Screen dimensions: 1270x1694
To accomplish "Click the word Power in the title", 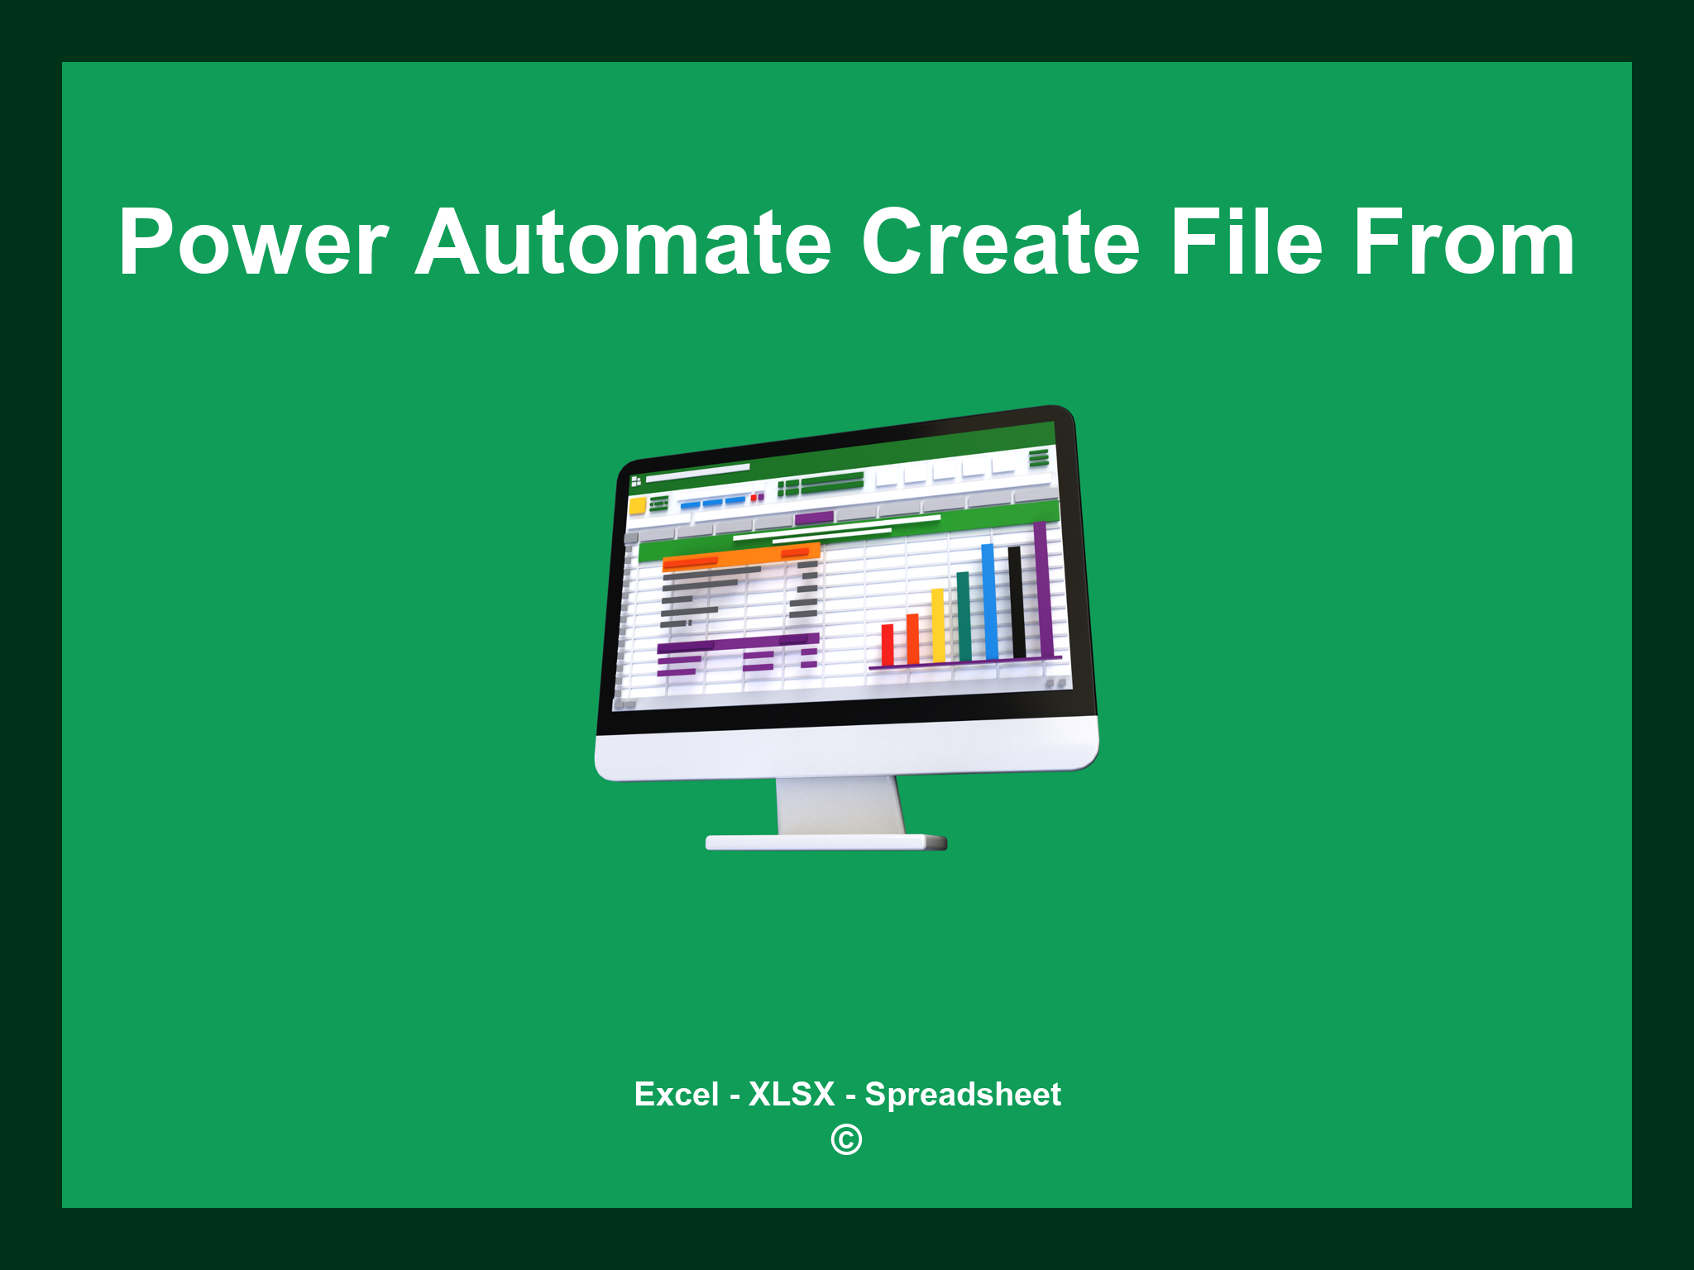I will (x=253, y=243).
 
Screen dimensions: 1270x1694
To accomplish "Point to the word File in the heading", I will (x=1247, y=243).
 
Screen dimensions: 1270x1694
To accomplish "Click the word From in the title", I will (x=1464, y=243).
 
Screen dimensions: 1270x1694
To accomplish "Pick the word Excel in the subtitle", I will (x=676, y=1095).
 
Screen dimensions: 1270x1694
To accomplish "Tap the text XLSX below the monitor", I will (x=792, y=1095).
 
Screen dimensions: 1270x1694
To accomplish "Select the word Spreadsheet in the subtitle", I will (x=963, y=1095).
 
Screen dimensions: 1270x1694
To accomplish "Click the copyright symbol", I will (x=846, y=1140).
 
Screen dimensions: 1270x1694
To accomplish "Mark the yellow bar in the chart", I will (x=938, y=625).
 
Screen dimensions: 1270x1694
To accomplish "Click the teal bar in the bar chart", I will (x=964, y=616).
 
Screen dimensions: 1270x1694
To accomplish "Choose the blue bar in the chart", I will (x=988, y=601).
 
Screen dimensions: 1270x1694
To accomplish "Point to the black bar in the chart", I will (x=1017, y=601).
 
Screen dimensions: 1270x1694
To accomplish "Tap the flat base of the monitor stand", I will (x=825, y=843).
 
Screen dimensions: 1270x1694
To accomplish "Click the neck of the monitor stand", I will (x=840, y=806).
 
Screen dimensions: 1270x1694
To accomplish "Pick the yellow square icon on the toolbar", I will (x=637, y=506).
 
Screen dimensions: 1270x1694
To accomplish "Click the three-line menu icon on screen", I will (x=1039, y=458).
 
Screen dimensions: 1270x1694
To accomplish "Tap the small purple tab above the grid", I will (x=814, y=518).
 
